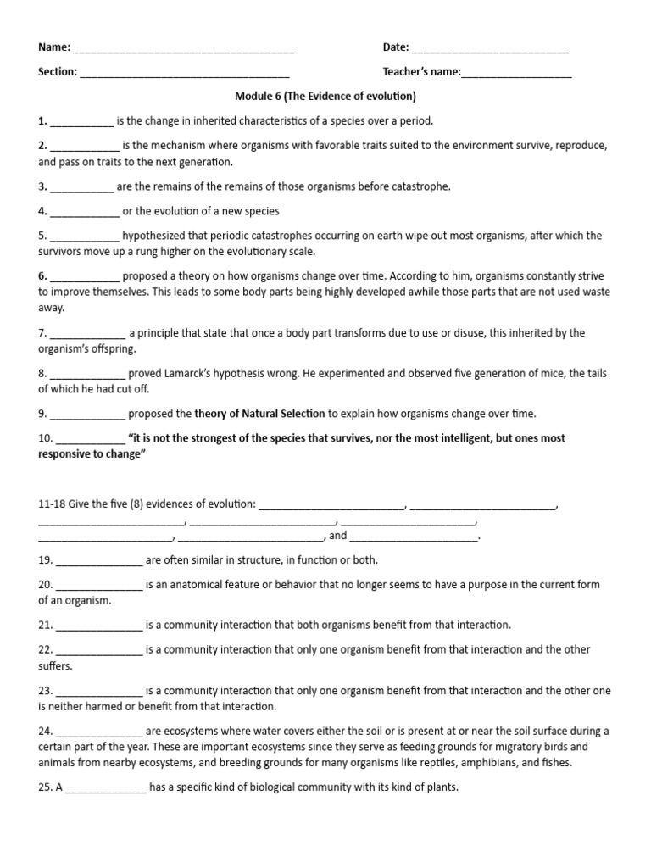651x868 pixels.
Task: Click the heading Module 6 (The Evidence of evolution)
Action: tap(325, 97)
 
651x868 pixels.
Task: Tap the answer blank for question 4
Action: tap(85, 212)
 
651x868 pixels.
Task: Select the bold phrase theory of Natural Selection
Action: tap(259, 414)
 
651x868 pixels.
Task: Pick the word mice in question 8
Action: tap(519, 374)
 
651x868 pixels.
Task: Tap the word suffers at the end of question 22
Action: tap(55, 665)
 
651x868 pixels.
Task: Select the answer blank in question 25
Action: tap(106, 787)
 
